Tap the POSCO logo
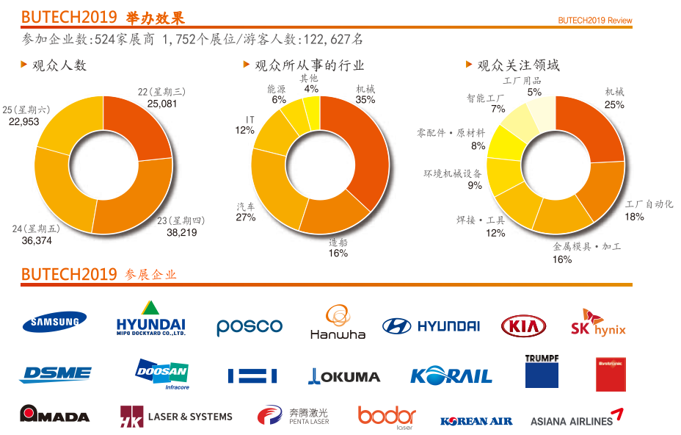tap(250, 326)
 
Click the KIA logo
tap(523, 326)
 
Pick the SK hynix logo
tap(598, 323)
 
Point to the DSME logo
tap(56, 374)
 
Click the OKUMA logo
tap(344, 376)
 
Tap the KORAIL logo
tap(451, 375)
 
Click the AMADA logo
tap(54, 414)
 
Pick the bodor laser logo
tap(387, 417)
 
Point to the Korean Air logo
tap(476, 421)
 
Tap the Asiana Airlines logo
tap(577, 418)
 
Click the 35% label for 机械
tap(365, 99)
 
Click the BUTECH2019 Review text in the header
tap(594, 20)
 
